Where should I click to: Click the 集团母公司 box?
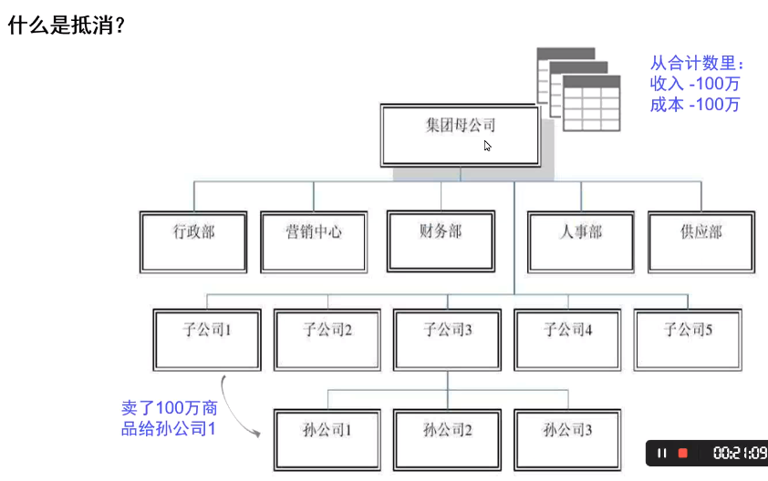461,136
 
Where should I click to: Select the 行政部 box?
193,241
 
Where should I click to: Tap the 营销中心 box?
314,241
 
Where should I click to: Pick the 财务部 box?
441,241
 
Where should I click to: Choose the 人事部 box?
581,241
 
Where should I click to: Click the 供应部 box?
701,241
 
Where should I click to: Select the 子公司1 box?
207,340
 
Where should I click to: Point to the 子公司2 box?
327,340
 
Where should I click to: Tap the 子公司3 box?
447,340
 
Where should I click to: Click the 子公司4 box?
567,340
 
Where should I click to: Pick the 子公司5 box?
688,340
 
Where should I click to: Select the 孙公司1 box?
327,440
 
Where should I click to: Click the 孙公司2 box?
447,440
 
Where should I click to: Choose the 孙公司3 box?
567,440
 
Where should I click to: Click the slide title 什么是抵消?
67,25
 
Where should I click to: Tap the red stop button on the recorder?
683,453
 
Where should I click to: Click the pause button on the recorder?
661,453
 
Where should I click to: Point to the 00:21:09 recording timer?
740,453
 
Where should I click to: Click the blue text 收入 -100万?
694,84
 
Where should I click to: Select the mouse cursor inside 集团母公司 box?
487,146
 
